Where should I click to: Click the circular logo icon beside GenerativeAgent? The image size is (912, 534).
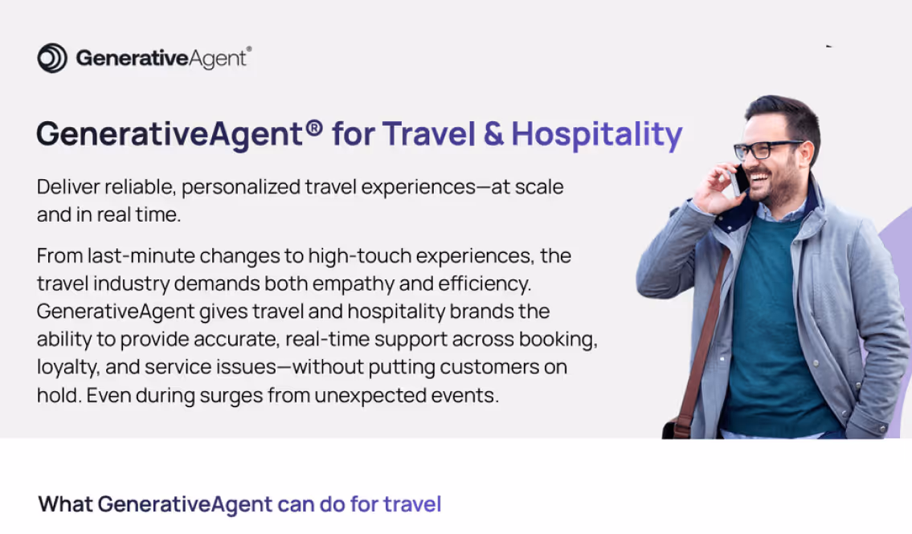pyautogui.click(x=52, y=58)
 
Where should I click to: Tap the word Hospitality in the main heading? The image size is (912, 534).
pyautogui.click(x=597, y=134)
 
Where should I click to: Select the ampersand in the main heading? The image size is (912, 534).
pyautogui.click(x=493, y=134)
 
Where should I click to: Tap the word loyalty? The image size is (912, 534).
pyautogui.click(x=67, y=368)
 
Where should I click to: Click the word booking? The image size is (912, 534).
pyautogui.click(x=557, y=340)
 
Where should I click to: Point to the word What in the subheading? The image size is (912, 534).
pyautogui.click(x=65, y=504)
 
